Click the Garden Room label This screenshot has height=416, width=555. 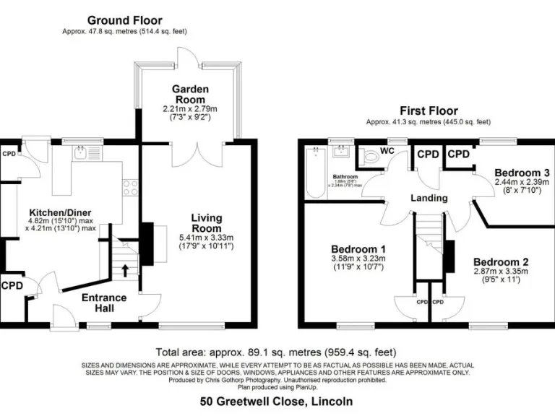click(x=190, y=94)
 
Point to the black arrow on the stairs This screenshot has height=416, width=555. click(x=127, y=271)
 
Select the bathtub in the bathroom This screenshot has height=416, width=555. click(x=314, y=173)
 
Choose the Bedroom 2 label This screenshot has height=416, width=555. click(x=502, y=261)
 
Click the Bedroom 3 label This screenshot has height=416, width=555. click(x=522, y=173)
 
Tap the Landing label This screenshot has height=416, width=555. click(x=429, y=198)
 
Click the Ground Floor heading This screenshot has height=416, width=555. click(x=125, y=21)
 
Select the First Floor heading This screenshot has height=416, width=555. click(x=429, y=111)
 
